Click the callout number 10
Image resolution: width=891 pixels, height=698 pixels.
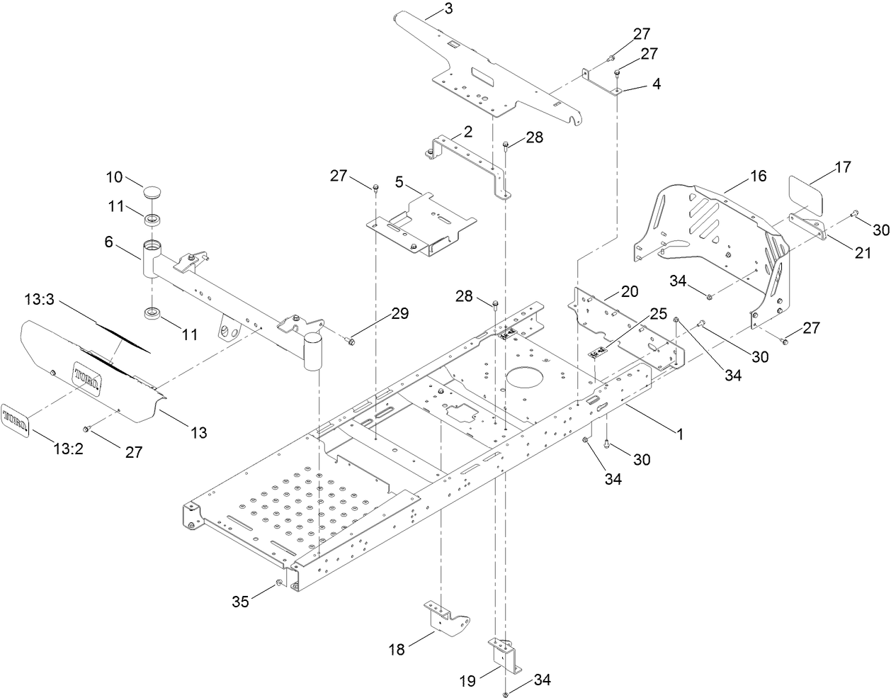115,176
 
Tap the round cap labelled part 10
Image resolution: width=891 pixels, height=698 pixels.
154,192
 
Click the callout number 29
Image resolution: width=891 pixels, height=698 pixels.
399,314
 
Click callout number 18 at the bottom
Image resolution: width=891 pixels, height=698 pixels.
397,648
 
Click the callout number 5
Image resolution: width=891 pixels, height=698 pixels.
399,181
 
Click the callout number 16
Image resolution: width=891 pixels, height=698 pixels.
758,176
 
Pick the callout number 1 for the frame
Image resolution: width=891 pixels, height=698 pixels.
680,435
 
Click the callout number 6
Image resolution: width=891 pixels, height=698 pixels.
108,242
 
